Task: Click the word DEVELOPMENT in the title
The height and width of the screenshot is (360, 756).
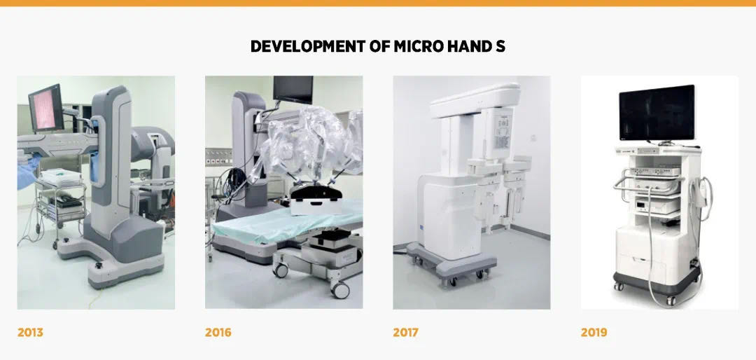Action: coord(307,46)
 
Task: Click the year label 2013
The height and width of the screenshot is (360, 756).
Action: coord(30,333)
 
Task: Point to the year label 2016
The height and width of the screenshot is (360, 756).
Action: coord(218,333)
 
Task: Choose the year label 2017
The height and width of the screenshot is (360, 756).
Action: coord(405,333)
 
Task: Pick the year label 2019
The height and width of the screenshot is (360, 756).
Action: coord(594,333)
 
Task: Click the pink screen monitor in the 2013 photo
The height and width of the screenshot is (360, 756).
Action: coord(45,108)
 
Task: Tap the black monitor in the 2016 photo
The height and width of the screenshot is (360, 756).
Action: coord(293,89)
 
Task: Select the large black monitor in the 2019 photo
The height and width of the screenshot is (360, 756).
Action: coord(657,113)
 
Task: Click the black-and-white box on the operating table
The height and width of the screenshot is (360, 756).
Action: coord(316,199)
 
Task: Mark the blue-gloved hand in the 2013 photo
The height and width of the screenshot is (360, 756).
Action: coord(28,172)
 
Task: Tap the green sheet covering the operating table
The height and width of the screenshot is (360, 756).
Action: coord(288,223)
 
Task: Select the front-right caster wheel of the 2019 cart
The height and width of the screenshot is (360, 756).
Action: coord(671,300)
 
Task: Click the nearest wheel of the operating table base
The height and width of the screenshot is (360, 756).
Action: coord(340,290)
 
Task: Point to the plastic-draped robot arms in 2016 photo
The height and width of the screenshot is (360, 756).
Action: coord(308,145)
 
